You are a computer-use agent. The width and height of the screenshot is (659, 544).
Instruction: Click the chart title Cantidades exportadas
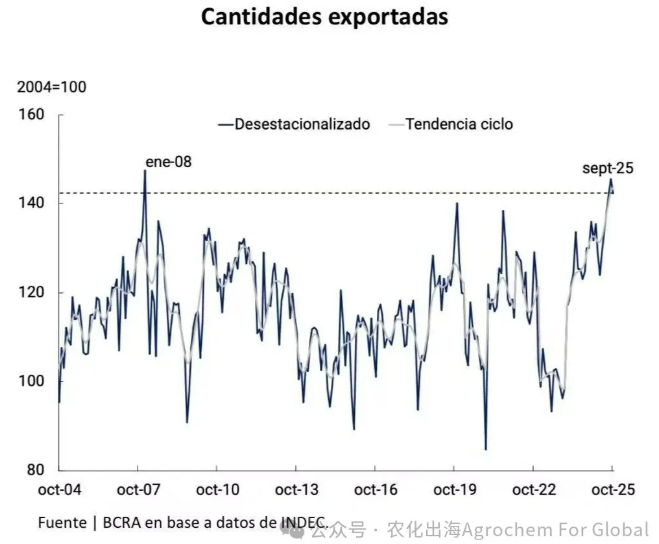[324, 17]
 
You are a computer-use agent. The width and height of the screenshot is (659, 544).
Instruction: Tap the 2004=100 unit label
[52, 87]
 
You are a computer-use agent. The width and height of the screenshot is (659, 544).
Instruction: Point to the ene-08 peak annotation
[168, 161]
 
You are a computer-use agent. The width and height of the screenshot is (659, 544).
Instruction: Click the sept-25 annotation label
[608, 168]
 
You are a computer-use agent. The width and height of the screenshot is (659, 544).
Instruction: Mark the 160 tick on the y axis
[32, 115]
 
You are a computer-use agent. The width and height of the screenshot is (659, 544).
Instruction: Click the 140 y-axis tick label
[32, 203]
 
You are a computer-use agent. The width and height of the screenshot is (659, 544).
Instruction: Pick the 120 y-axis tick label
[32, 292]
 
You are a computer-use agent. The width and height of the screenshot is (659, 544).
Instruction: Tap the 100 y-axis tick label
[32, 381]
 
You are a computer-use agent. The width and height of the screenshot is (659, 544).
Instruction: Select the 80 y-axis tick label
[36, 470]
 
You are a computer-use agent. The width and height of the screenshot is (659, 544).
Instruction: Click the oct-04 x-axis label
[59, 490]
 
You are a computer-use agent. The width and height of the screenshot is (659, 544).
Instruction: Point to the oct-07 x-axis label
[138, 490]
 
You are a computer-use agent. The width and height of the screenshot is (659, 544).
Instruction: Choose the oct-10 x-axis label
[217, 490]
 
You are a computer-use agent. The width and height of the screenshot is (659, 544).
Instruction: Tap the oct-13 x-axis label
[296, 490]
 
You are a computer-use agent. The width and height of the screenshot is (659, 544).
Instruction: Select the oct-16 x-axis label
[375, 490]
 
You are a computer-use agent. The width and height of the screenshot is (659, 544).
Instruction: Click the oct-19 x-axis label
[454, 490]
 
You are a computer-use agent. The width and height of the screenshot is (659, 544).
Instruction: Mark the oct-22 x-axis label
[533, 490]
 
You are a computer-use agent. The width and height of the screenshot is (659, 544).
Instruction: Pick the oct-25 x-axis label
[612, 490]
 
